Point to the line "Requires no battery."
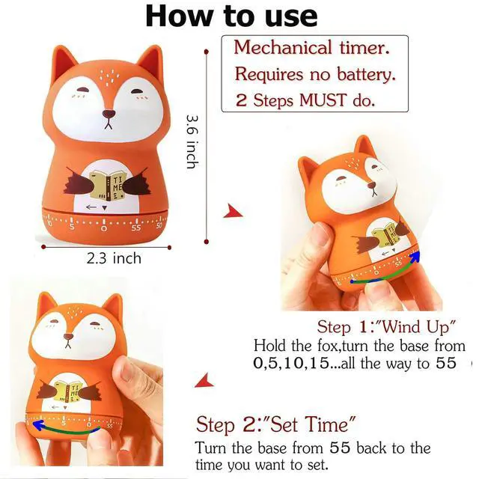click(315, 74)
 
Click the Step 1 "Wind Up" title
click(387, 327)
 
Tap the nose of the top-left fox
click(110, 113)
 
